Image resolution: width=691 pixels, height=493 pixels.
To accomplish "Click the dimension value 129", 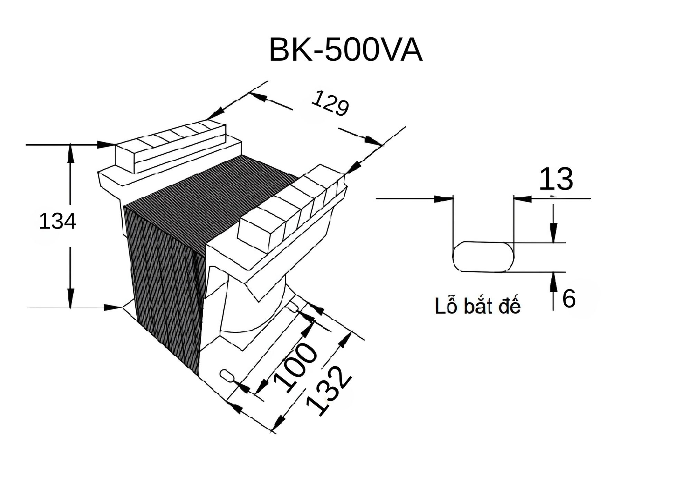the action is [x=330, y=103].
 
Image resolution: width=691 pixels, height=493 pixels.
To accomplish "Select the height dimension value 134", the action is [x=57, y=221].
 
